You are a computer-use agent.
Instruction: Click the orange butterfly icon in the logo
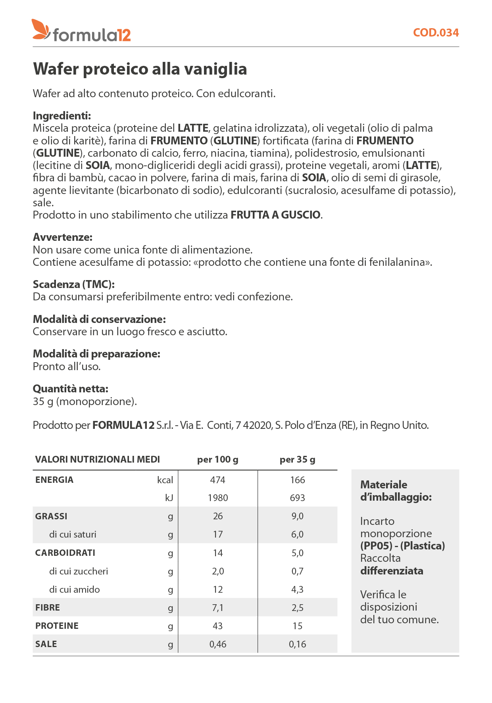41,30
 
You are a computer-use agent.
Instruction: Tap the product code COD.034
436,33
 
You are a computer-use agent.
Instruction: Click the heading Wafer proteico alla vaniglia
140,69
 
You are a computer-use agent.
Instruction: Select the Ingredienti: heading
62,116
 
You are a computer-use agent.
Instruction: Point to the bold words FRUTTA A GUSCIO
276,215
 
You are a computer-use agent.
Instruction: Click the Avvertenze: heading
62,237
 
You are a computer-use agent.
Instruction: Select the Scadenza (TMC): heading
73,284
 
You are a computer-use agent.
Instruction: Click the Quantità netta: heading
70,389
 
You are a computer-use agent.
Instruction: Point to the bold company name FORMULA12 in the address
123,425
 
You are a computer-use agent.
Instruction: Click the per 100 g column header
217,459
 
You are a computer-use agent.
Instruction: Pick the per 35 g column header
297,459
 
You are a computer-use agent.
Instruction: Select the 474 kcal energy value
217,480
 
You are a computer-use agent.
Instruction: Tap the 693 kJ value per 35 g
297,498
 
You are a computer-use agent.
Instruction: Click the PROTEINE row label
57,626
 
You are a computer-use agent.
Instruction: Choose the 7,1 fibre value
217,608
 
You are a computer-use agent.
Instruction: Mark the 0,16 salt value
297,644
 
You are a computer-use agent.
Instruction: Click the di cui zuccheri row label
79,571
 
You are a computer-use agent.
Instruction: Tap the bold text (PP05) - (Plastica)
402,546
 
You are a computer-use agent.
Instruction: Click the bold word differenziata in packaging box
392,571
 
